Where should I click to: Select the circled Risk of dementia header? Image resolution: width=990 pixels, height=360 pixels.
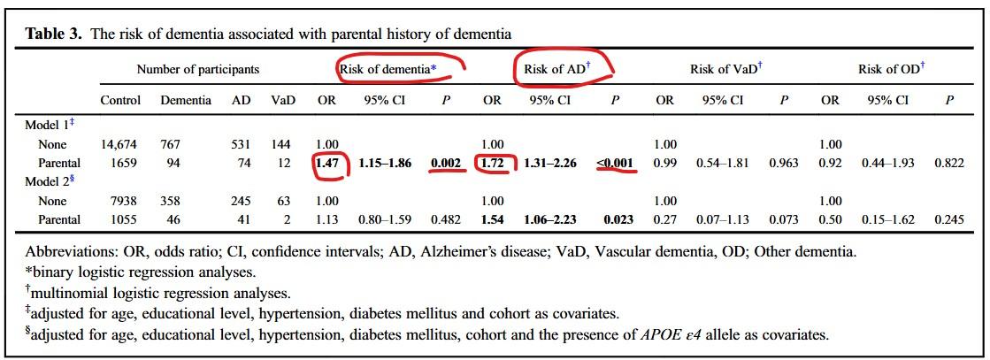[400, 69]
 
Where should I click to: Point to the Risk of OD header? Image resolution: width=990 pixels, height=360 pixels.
[892, 69]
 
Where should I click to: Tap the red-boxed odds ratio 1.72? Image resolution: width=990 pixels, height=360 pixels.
[491, 164]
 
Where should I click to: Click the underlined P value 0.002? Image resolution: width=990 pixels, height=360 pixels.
[446, 164]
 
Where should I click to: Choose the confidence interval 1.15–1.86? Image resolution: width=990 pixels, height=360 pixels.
[385, 164]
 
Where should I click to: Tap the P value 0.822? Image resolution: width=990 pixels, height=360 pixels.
[948, 164]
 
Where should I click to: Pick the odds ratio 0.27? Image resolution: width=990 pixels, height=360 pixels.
[664, 219]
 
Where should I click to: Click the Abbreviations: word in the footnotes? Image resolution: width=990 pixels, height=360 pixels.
[65, 252]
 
